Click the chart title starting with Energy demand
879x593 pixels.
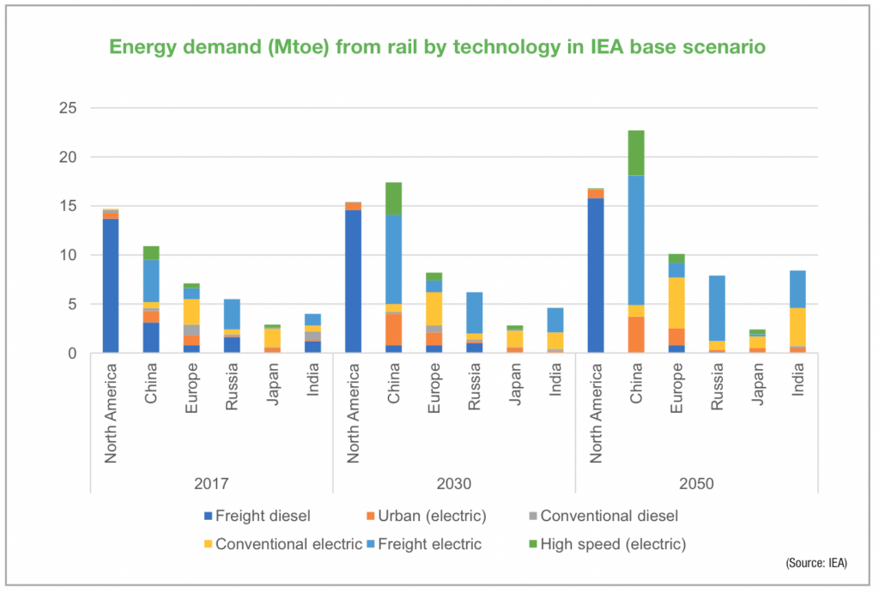pos(439,48)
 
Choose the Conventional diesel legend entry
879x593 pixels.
pos(600,517)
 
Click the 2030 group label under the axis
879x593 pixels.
pos(453,484)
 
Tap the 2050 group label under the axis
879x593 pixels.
pos(695,484)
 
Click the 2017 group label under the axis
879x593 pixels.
pos(211,484)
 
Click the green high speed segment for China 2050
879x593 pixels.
pos(635,153)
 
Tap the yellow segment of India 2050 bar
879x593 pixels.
pos(797,326)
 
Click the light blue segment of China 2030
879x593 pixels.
pos(393,258)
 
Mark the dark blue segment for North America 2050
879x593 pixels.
pos(595,275)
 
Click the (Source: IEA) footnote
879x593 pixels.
pos(815,563)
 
